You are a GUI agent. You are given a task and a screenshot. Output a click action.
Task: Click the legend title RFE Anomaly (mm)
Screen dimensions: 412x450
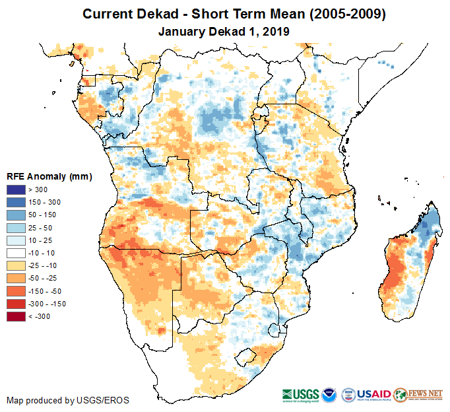tap(49, 177)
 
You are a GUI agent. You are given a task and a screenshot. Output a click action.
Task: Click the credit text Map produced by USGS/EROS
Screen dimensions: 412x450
tap(68, 400)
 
